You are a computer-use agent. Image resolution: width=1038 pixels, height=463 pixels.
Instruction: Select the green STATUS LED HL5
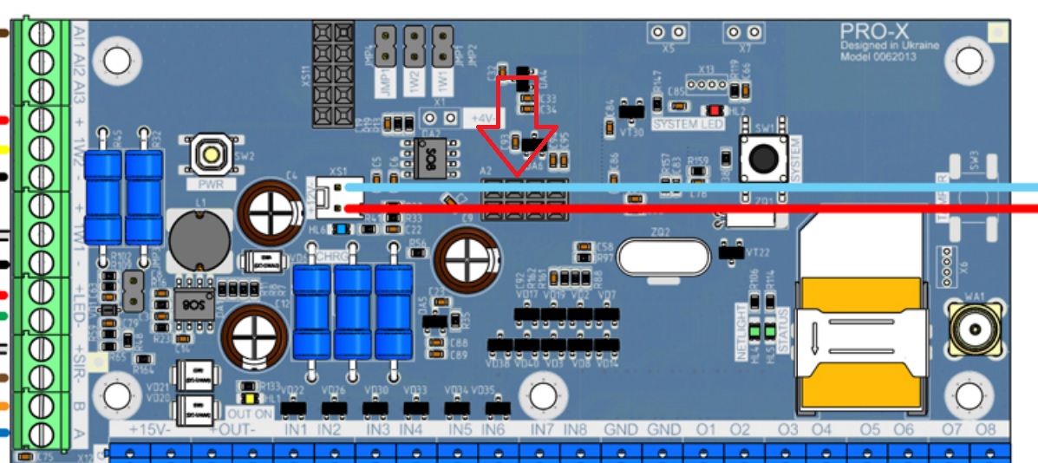click(768, 331)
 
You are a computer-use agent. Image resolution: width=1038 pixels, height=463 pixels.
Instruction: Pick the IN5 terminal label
click(460, 430)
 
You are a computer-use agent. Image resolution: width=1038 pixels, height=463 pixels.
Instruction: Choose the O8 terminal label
click(986, 430)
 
